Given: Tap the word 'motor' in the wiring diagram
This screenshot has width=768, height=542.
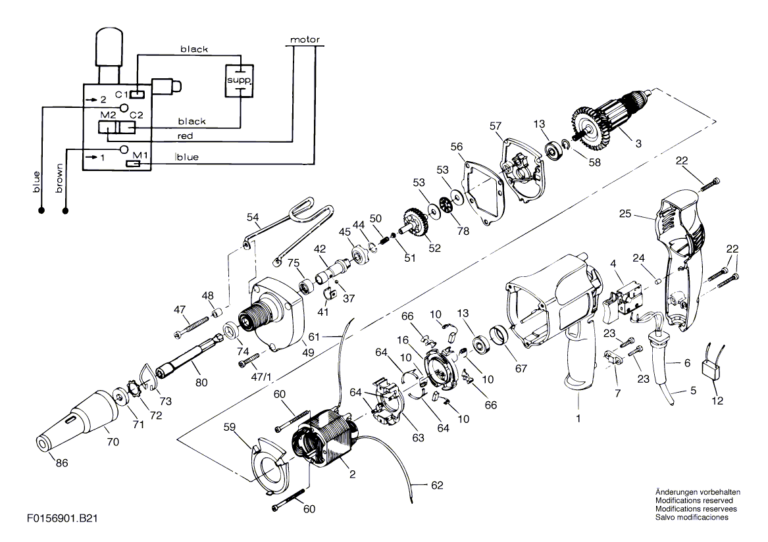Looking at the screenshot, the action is [305, 39].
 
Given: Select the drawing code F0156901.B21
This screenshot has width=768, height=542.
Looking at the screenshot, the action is [63, 518].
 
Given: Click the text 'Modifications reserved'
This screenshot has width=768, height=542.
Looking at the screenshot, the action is [694, 501].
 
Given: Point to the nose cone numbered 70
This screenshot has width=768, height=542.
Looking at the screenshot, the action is [78, 420].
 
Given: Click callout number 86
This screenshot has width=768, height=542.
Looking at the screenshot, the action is [62, 462].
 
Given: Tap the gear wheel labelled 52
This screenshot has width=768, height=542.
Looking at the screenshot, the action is [415, 224].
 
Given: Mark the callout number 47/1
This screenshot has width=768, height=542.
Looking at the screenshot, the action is [261, 377].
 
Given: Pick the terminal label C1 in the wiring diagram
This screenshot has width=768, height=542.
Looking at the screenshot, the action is [122, 94].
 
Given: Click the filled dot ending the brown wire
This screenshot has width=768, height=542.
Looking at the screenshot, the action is [65, 211].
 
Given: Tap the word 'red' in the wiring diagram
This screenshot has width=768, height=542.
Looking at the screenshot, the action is [185, 135].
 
